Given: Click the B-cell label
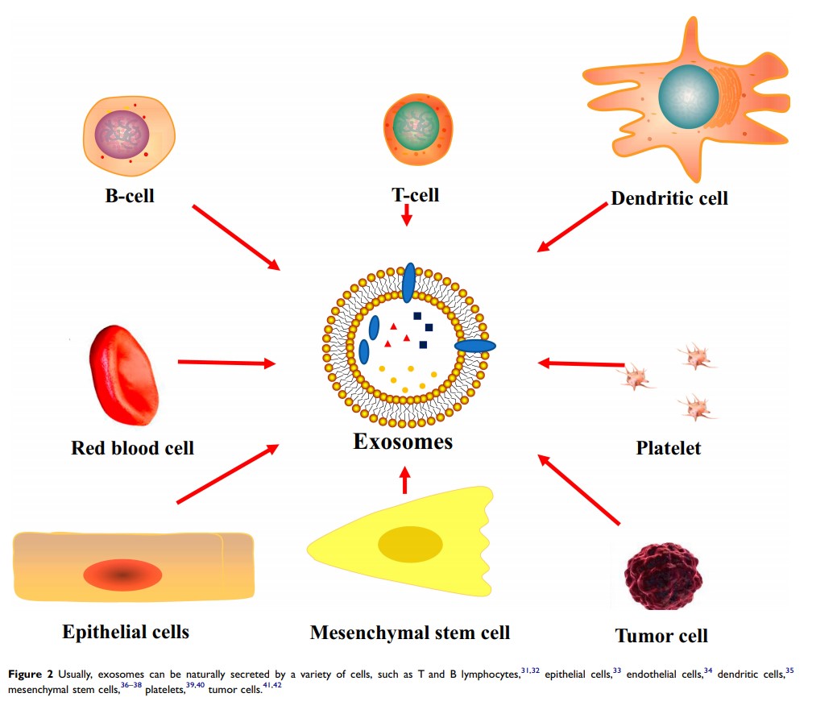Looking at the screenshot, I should [x=130, y=194].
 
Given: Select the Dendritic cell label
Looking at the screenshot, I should [x=669, y=197].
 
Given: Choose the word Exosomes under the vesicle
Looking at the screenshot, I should [x=403, y=442].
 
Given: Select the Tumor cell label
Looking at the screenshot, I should [x=661, y=635].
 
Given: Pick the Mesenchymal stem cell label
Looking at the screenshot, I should [x=410, y=632].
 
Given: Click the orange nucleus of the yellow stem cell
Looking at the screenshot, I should [x=410, y=544].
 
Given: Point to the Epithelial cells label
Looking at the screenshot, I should [x=126, y=631].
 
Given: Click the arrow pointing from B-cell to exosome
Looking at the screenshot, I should [x=236, y=238].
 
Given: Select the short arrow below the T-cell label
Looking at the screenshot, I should [x=407, y=214].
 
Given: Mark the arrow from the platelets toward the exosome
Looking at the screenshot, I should [x=581, y=364].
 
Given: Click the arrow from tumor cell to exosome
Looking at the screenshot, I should [x=580, y=491].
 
